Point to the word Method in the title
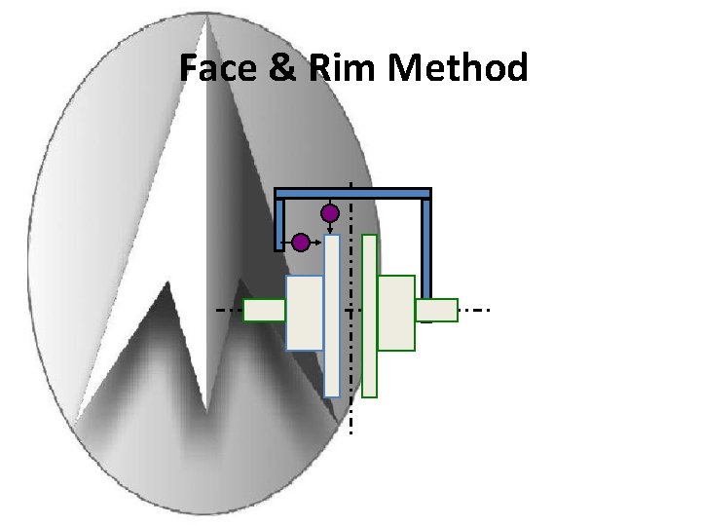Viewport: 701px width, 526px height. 458,68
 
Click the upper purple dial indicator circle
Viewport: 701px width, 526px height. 330,213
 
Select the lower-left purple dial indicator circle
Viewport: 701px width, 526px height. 301,241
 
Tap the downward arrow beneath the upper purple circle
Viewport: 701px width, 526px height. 330,228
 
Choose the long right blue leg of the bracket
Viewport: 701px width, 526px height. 425,253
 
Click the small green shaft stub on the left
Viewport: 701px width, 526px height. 263,310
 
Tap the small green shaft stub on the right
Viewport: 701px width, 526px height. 438,310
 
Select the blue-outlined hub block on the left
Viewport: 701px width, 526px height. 304,313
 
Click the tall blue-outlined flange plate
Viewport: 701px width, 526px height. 332,316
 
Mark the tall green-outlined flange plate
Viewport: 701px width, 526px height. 369,316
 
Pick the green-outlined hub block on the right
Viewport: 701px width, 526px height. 395,313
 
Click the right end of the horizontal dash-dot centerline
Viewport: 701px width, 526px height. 486,310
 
